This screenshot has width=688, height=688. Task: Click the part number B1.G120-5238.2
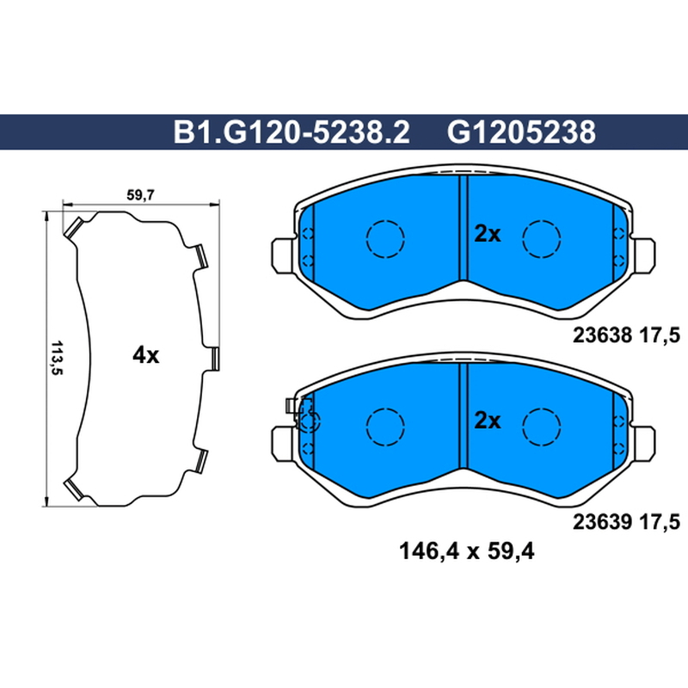[x=292, y=132]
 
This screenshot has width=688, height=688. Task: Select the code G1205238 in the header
[x=521, y=132]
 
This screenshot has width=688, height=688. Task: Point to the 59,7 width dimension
[x=140, y=195]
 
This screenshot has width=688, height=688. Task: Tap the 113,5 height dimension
[x=57, y=358]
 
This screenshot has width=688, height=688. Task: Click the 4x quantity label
[x=145, y=355]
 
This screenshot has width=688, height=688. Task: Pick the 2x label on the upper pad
[x=487, y=234]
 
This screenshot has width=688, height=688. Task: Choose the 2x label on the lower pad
[x=487, y=421]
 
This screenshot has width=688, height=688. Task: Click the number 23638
[x=602, y=335]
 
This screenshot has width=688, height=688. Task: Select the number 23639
[x=602, y=522]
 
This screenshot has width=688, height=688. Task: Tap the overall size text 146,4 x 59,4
[x=466, y=551]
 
